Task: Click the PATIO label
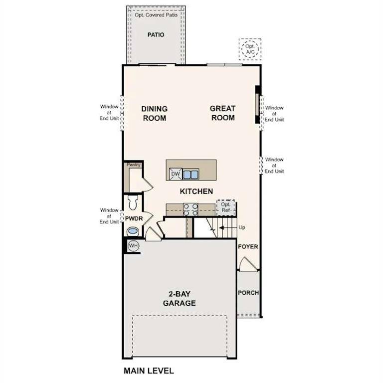[x=156, y=35]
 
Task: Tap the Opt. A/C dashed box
[x=249, y=49]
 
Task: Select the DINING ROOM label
[x=154, y=113]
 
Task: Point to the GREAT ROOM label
[x=222, y=113]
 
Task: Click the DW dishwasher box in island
[x=175, y=174]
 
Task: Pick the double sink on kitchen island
[x=191, y=174]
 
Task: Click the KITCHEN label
[x=196, y=191]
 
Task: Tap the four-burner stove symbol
[x=191, y=209]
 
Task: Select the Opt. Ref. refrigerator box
[x=225, y=207]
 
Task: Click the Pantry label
[x=134, y=165]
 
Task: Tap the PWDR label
[x=134, y=218]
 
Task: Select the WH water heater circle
[x=133, y=245]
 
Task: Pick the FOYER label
[x=248, y=247]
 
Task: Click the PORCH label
[x=248, y=293]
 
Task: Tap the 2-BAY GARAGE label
[x=179, y=299]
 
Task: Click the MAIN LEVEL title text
[x=149, y=371]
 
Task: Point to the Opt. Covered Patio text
[x=156, y=15]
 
